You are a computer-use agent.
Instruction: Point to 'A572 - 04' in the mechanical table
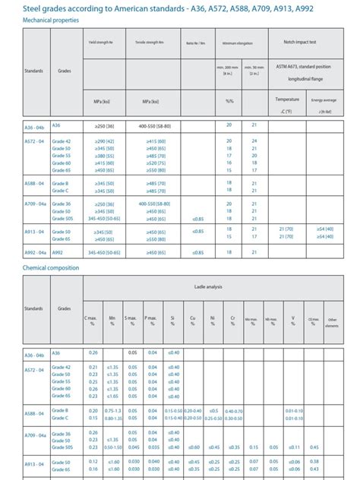point(33,141)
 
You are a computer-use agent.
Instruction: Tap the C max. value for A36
point(93,352)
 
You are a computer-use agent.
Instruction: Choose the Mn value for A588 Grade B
point(113,410)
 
